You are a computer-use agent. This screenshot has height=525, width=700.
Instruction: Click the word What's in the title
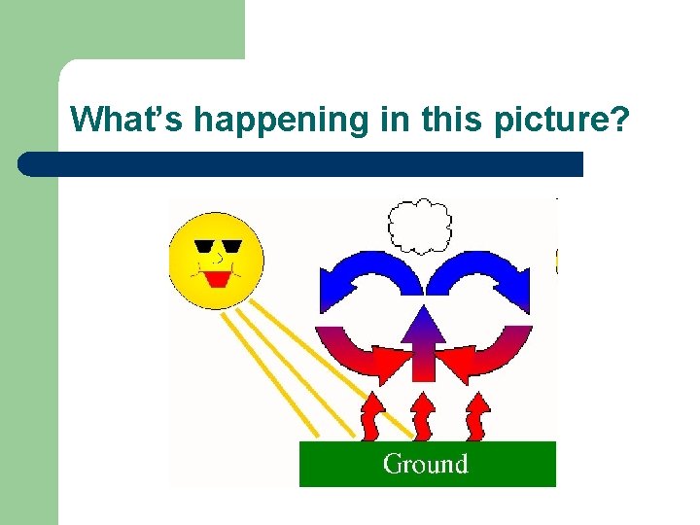128,120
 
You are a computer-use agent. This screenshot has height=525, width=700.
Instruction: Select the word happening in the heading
277,120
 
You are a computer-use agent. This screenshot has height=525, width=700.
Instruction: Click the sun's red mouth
217,280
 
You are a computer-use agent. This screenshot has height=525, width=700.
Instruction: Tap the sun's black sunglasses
218,246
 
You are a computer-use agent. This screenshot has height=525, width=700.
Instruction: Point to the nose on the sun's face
219,261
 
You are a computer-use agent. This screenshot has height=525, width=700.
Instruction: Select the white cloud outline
420,226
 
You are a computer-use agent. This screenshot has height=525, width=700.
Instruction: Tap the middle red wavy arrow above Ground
424,415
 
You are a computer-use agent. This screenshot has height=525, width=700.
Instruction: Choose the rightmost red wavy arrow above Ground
478,415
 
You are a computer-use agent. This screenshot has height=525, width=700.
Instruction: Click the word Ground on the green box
426,464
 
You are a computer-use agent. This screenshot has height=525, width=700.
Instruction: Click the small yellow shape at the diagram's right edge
557,261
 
